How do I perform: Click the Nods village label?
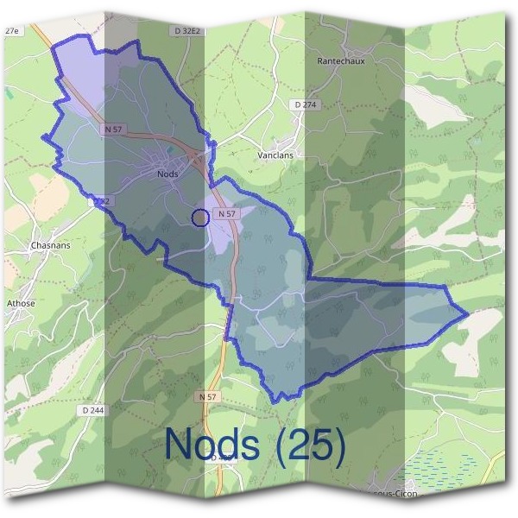coord(167,174)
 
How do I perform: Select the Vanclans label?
coord(275,155)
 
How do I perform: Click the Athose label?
coord(21,304)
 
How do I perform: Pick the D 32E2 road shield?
coord(187,30)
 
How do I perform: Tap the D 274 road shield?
coord(305,104)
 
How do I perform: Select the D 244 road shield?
coord(92,410)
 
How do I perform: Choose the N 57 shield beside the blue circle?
coord(226,213)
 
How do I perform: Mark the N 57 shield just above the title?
coord(208,396)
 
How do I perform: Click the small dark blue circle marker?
coord(199,218)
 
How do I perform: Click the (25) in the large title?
coord(311,445)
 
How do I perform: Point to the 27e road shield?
coord(12,30)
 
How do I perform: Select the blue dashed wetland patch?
coord(440,471)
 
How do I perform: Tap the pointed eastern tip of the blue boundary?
coord(467,314)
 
